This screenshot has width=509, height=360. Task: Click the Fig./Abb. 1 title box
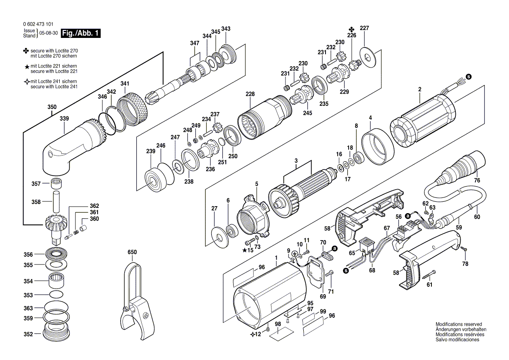click(81, 33)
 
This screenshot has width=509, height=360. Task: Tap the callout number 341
click(125, 84)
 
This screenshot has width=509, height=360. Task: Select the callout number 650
click(132, 252)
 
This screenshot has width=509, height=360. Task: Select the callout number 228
click(250, 94)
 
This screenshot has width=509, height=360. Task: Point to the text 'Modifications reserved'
click(459, 324)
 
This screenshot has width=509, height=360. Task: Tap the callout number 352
click(28, 334)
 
